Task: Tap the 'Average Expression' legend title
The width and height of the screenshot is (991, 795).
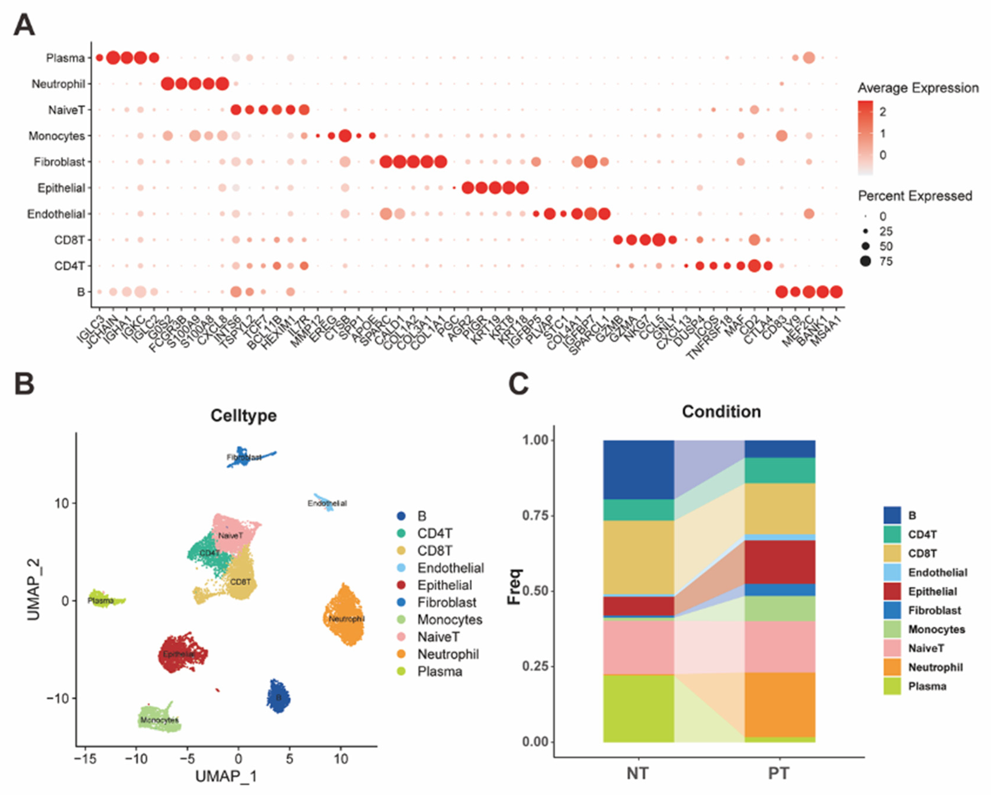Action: pyautogui.click(x=918, y=88)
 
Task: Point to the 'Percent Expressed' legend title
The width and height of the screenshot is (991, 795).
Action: pyautogui.click(x=914, y=196)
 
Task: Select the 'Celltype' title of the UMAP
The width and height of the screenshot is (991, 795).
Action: pyautogui.click(x=243, y=416)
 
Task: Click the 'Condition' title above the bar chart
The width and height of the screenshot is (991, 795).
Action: pyautogui.click(x=721, y=412)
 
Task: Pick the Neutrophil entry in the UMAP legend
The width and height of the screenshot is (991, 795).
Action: pyautogui.click(x=448, y=654)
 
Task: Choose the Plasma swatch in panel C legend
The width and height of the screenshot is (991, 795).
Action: pyautogui.click(x=892, y=687)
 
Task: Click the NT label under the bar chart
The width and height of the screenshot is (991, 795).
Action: pyautogui.click(x=638, y=774)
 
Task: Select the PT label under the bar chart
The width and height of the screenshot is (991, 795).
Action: pyautogui.click(x=779, y=774)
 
